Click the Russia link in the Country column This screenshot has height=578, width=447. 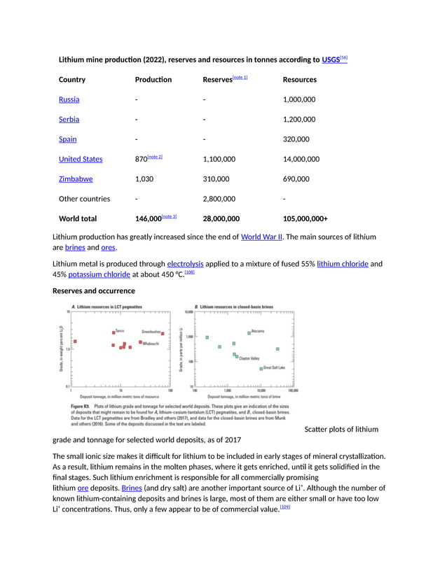coord(69,99)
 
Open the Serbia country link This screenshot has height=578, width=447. coord(69,119)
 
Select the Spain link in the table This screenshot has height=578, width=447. coord(67,139)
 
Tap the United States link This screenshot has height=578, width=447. coord(80,159)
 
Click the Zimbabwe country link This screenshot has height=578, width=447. coord(76,179)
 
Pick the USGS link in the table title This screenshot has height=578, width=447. coord(330,60)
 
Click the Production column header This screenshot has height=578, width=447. coord(153,80)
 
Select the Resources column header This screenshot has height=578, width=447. coord(299,80)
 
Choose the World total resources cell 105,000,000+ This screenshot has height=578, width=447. coord(305,219)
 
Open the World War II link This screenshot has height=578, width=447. coord(261,237)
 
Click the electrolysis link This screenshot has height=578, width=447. coord(185,264)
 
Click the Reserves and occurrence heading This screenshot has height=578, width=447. coord(93,290)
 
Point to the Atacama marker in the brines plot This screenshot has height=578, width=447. coord(249,333)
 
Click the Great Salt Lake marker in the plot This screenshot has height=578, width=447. coord(261,368)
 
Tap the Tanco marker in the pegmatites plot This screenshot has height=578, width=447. coord(114,332)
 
